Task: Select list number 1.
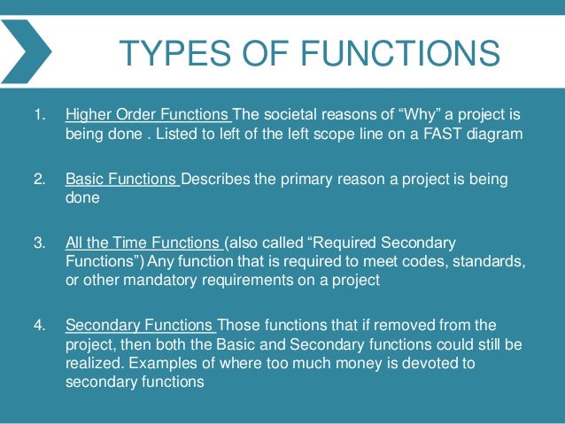click(x=39, y=115)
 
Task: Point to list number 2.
click(x=39, y=180)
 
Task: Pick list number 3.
click(x=39, y=243)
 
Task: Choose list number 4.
click(x=39, y=324)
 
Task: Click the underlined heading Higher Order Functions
click(x=147, y=115)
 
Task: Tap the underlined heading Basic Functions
click(x=121, y=180)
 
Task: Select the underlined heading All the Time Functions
click(x=143, y=243)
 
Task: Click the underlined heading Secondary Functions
click(x=139, y=324)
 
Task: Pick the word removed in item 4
click(x=397, y=324)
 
